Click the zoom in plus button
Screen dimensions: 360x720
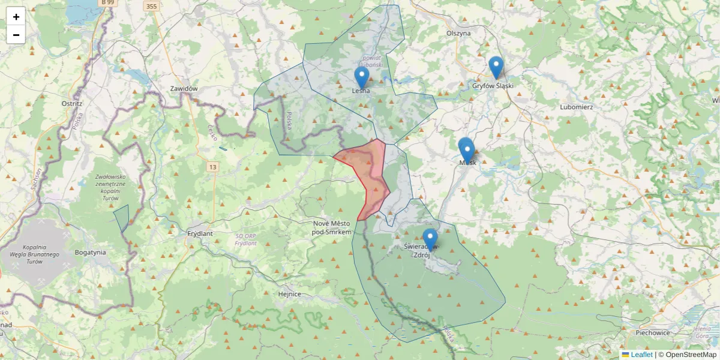point(16,17)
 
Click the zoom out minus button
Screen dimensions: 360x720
point(16,35)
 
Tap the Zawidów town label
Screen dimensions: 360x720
point(184,89)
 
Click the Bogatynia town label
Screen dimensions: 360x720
point(91,253)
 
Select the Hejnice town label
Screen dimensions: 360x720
point(290,294)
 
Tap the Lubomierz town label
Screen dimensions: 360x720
point(576,107)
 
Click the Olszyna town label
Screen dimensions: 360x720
point(458,34)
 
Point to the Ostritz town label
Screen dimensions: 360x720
point(71,103)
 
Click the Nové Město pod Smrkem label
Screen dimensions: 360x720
point(332,227)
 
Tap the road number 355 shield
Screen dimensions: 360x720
point(151,6)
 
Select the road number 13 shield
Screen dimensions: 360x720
point(212,166)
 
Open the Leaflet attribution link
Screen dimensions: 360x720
point(641,355)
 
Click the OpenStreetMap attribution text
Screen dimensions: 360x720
point(687,355)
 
